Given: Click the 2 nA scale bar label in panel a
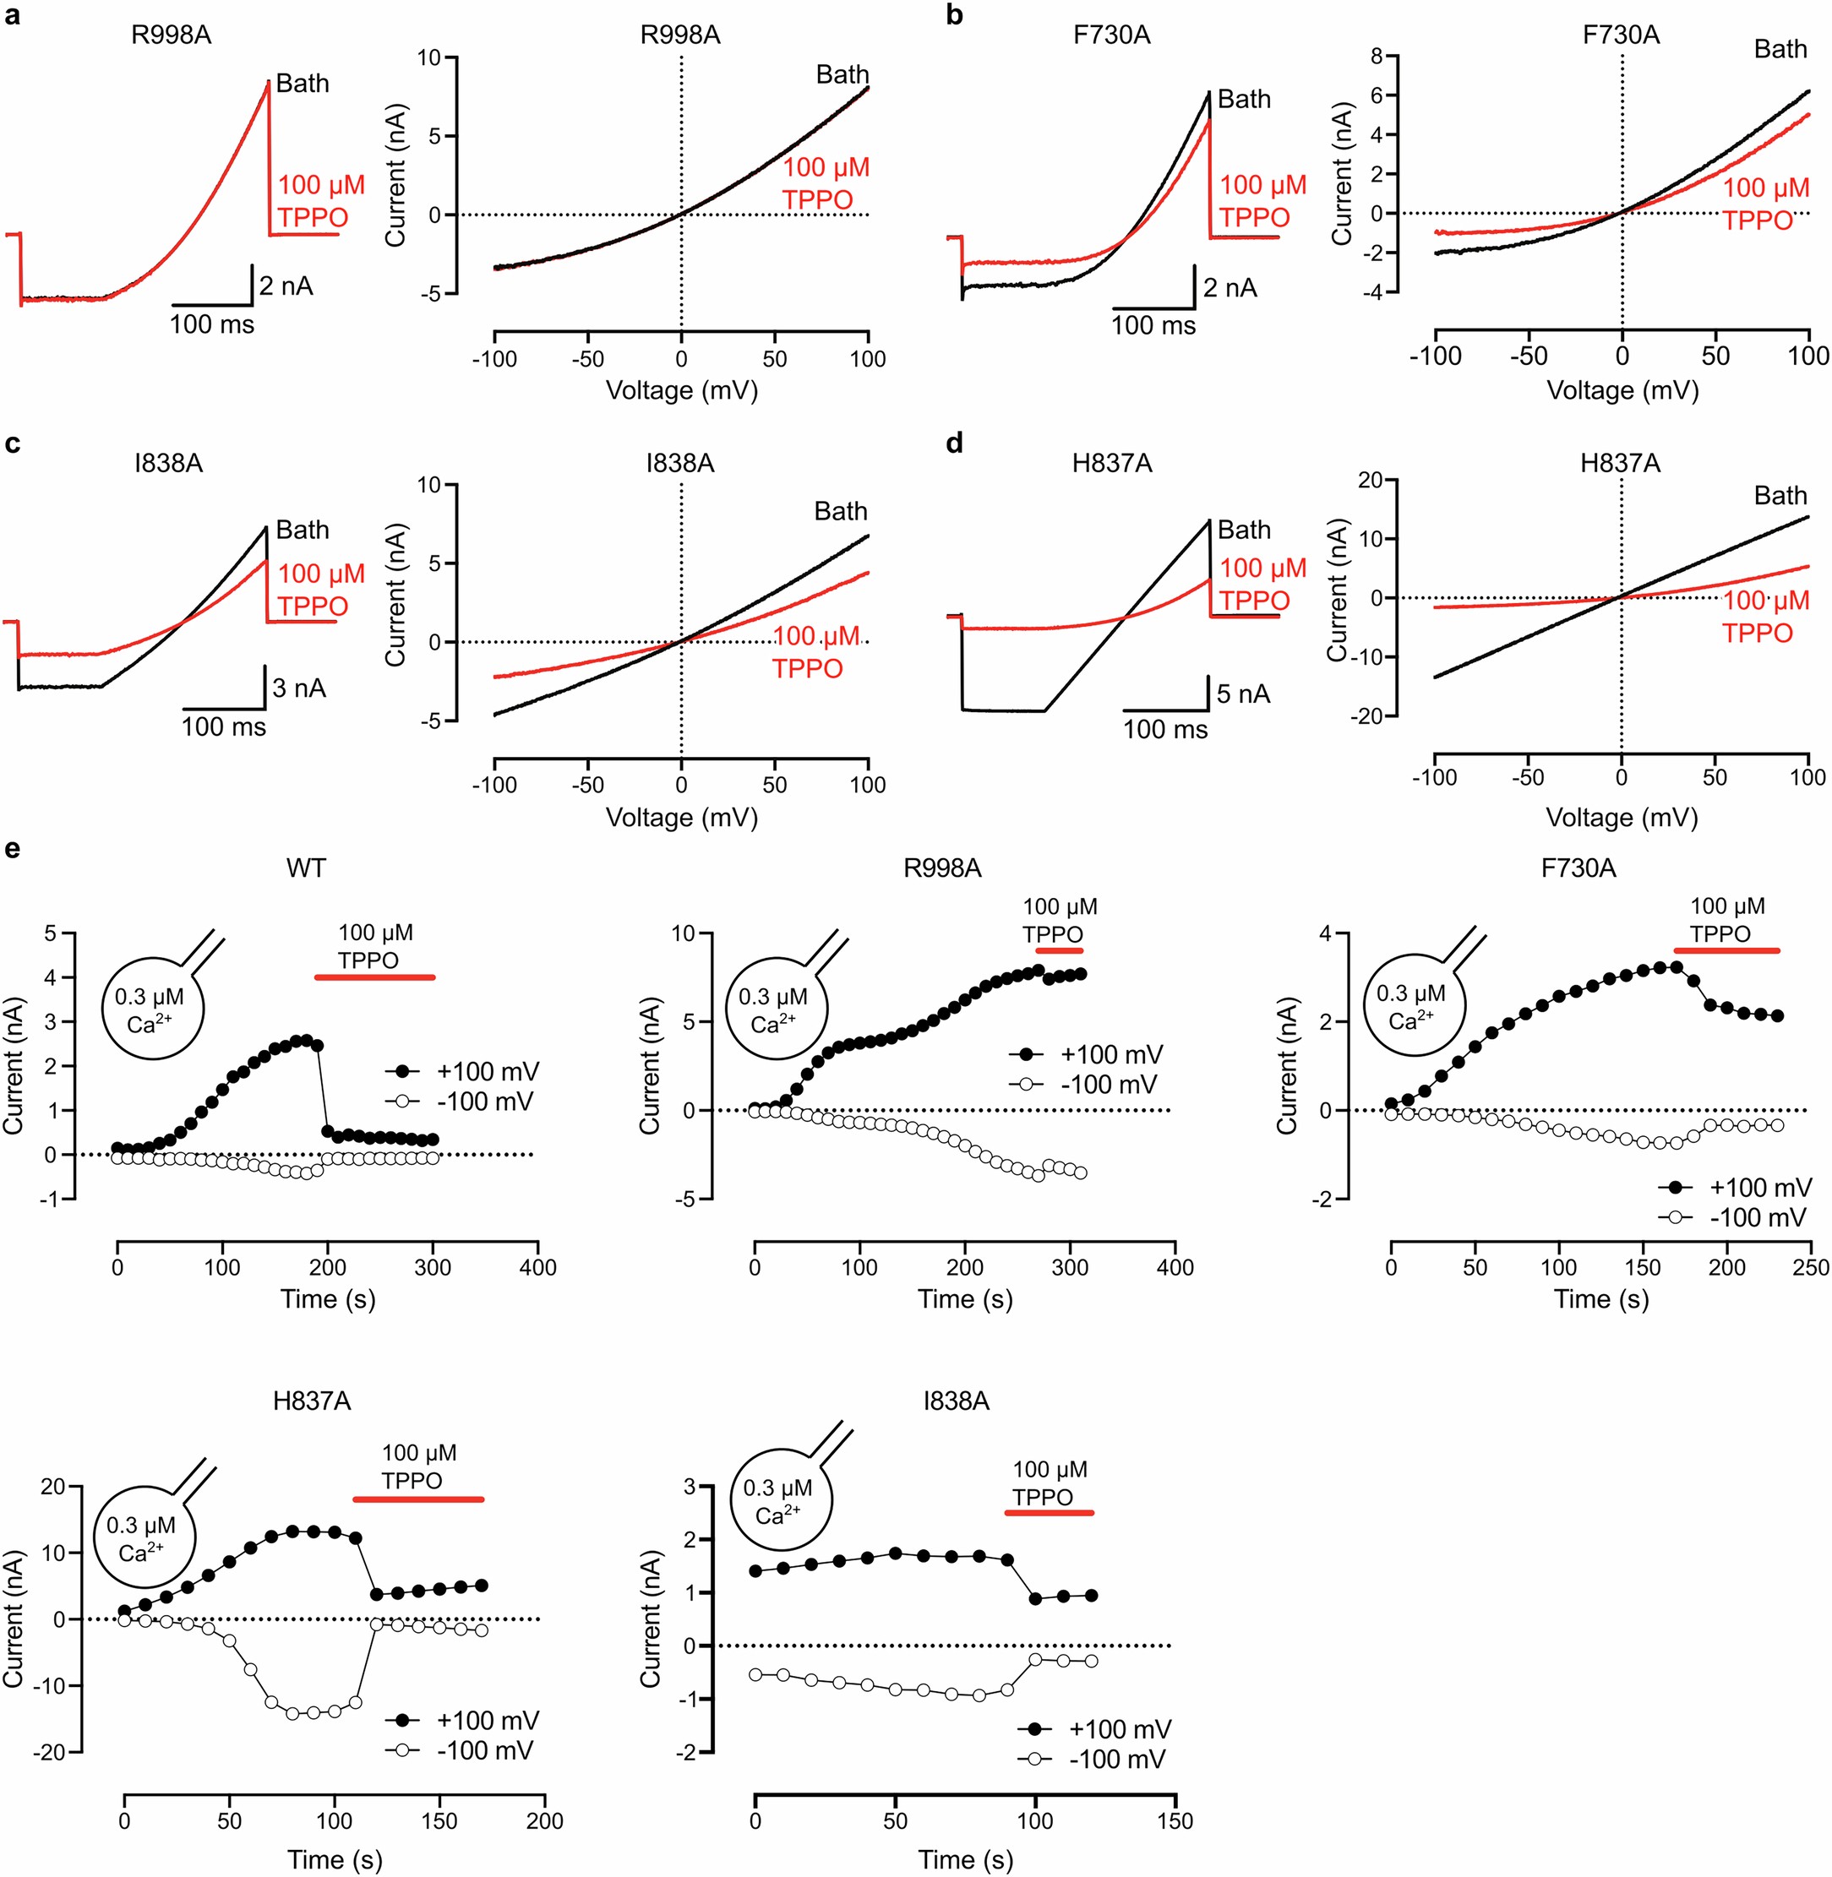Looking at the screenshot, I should (286, 286).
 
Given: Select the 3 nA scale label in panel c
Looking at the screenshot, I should (298, 688).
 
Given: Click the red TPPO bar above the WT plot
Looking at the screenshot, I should (374, 977).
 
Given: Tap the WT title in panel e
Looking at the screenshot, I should (306, 868).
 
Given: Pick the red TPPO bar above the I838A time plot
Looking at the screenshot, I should (1049, 1513).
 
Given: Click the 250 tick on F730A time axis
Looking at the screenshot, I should (1810, 1267).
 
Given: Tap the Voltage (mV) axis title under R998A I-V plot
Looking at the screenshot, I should (681, 390).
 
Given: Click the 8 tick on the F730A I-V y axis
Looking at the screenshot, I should (1376, 57).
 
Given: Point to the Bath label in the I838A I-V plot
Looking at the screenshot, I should (840, 512).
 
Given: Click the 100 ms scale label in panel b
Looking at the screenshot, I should (1153, 326).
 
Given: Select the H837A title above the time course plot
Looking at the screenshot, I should (312, 1401).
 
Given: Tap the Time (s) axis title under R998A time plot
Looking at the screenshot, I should (965, 1300).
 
